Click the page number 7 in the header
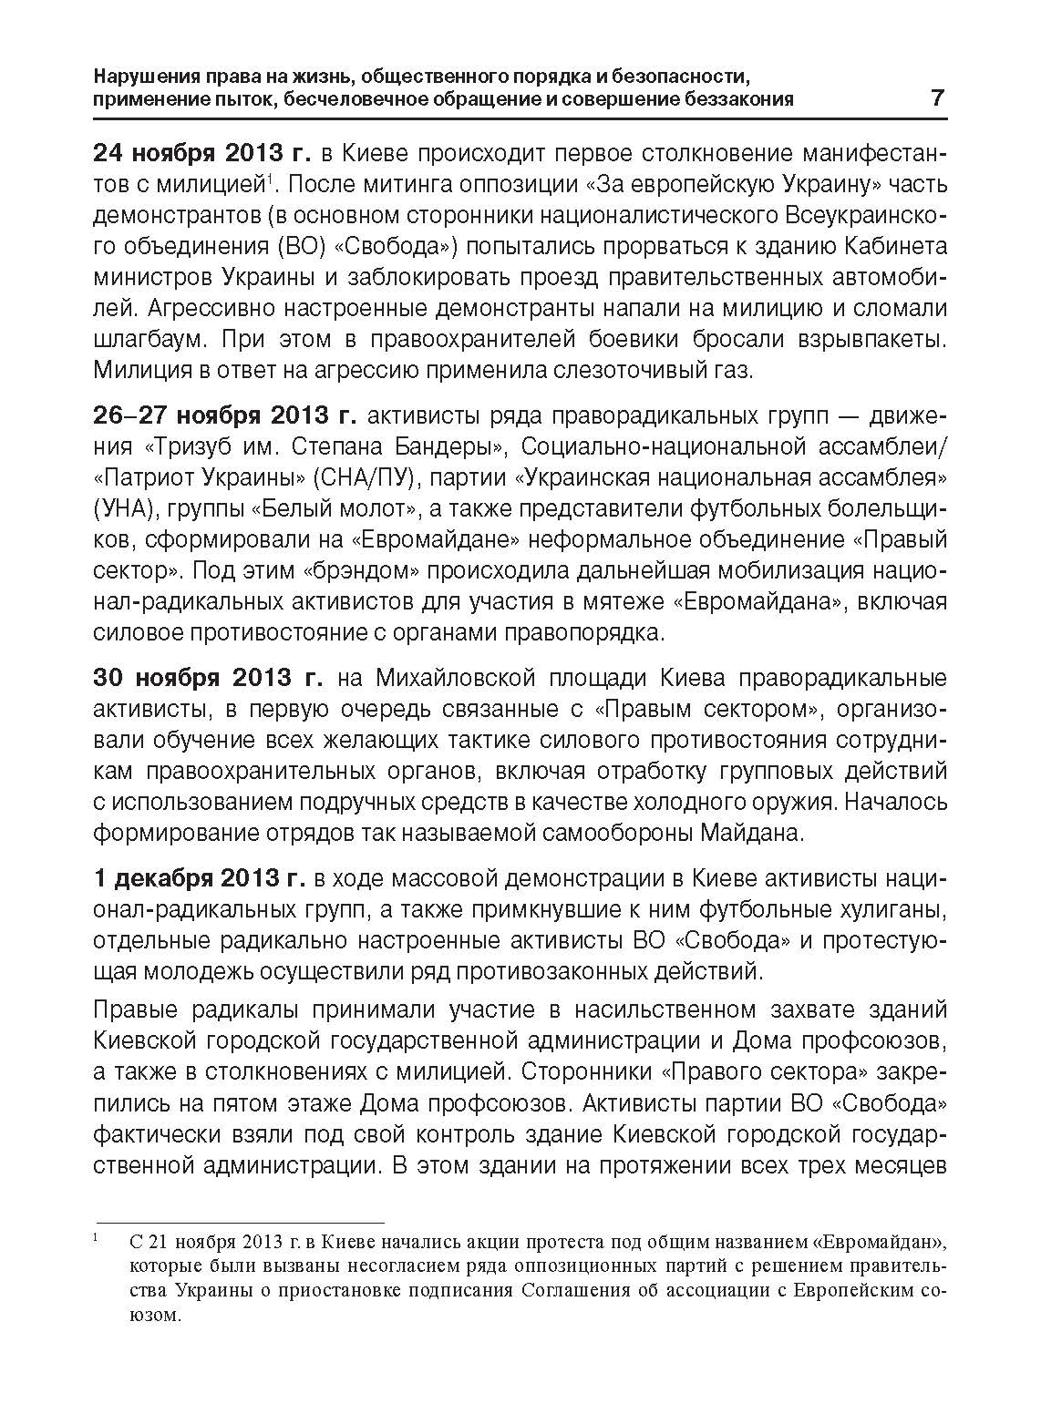point(937,98)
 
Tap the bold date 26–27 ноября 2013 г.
point(224,415)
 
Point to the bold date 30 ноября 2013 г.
point(208,678)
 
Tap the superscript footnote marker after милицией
point(268,177)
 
